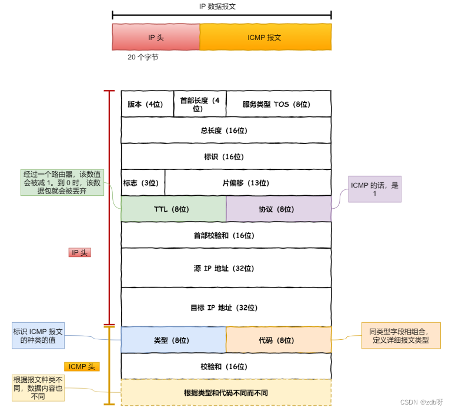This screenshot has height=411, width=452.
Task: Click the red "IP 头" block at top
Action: pos(156,37)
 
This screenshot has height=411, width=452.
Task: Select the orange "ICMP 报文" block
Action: pos(265,37)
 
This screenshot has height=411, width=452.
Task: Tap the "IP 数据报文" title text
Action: pos(221,6)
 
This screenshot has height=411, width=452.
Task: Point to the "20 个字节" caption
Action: pos(143,58)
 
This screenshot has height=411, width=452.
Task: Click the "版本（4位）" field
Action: pos(147,104)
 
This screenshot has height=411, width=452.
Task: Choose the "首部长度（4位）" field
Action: pos(200,104)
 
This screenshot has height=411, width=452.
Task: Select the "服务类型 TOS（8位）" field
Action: pos(278,104)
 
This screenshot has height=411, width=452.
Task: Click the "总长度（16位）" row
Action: pos(226,131)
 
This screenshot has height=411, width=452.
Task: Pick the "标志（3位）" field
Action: pos(142,183)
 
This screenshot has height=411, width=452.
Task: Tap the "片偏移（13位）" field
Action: pos(247,183)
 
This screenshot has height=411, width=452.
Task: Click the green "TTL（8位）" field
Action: pos(173,209)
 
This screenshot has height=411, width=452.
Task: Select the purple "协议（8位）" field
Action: pos(278,209)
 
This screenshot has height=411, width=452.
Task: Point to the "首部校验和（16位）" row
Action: pos(226,235)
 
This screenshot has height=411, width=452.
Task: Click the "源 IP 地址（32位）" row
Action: pos(226,268)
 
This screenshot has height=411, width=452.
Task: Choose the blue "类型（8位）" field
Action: pos(173,340)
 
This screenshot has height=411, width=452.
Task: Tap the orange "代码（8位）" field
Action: pos(278,340)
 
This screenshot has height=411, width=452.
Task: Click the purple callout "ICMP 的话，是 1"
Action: pos(374,189)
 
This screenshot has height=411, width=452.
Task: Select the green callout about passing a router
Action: pos(62,183)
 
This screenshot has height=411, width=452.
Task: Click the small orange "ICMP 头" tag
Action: pos(82,367)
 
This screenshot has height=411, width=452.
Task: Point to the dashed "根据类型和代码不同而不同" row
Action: pos(226,393)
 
